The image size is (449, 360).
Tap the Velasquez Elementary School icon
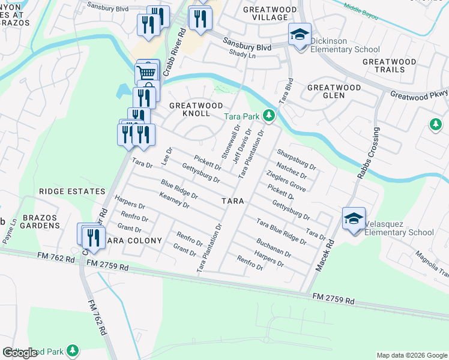click(x=354, y=218)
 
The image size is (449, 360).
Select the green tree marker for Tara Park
click(x=270, y=115)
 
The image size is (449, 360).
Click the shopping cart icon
click(x=146, y=73)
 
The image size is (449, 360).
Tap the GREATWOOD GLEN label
click(x=334, y=91)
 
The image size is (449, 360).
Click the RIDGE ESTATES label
click(x=72, y=191)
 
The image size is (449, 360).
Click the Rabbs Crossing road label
click(x=367, y=154)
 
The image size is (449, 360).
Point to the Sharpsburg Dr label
click(x=296, y=156)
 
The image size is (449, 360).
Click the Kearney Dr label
click(x=175, y=200)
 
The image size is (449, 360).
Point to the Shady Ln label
click(x=243, y=53)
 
